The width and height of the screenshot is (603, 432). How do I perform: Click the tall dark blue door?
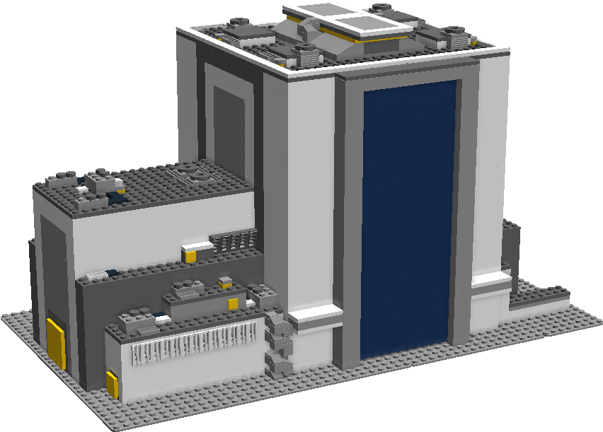(407, 219)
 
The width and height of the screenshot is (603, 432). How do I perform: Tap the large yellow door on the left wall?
(56, 344)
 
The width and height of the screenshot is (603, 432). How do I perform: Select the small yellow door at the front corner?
(112, 385)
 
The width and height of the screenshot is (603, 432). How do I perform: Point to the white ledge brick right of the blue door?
(491, 279)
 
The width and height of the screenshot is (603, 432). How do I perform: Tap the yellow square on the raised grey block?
(232, 303)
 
